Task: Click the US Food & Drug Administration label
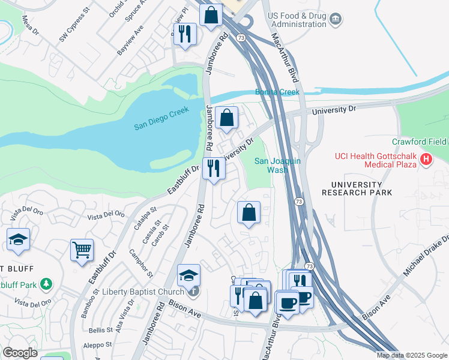[297, 20]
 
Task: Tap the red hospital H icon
[426, 160]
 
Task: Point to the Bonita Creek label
[277, 92]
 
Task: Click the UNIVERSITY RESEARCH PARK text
[357, 188]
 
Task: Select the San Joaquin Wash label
[277, 165]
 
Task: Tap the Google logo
[20, 353]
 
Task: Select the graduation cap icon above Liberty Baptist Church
[188, 275]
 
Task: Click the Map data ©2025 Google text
[412, 355]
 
